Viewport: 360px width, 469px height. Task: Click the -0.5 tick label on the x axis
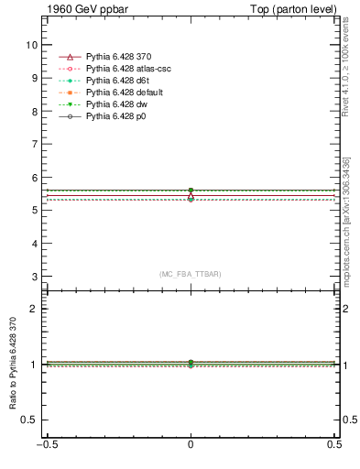coord(45,446)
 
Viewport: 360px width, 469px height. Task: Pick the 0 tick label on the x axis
coord(191,446)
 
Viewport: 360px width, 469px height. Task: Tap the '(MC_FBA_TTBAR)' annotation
coord(191,274)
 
